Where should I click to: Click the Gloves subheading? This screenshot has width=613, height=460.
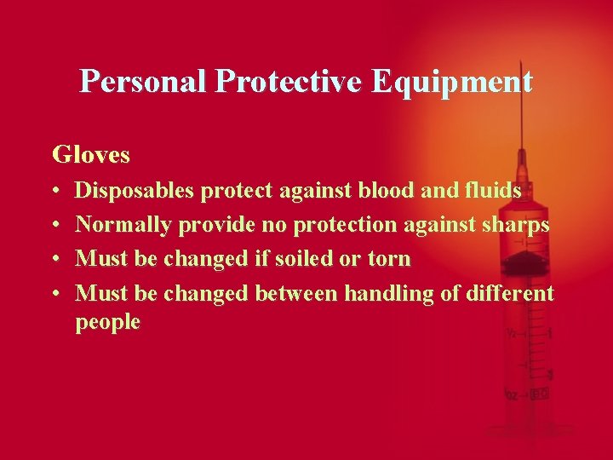coord(91,154)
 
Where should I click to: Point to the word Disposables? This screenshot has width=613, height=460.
coord(135,192)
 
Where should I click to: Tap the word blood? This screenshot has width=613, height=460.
coord(387,192)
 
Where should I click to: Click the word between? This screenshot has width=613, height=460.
coord(296,294)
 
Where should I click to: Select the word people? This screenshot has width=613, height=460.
coord(108,322)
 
